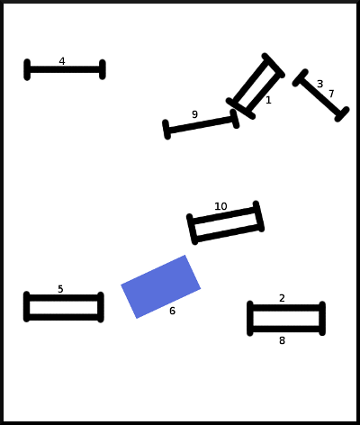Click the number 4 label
click(62, 61)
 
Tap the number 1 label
click(268, 100)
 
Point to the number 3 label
click(320, 84)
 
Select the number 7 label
click(331, 94)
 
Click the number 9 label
click(194, 114)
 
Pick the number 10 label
click(220, 206)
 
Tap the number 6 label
click(172, 311)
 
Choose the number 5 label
click(60, 289)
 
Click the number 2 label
click(282, 298)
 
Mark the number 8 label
click(282, 340)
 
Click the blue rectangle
click(161, 286)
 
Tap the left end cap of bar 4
click(27, 69)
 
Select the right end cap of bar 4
click(103, 69)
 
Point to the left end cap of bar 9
click(166, 130)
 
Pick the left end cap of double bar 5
click(27, 306)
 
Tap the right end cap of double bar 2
click(322, 318)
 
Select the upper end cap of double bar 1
click(273, 66)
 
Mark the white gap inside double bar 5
click(64, 308)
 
